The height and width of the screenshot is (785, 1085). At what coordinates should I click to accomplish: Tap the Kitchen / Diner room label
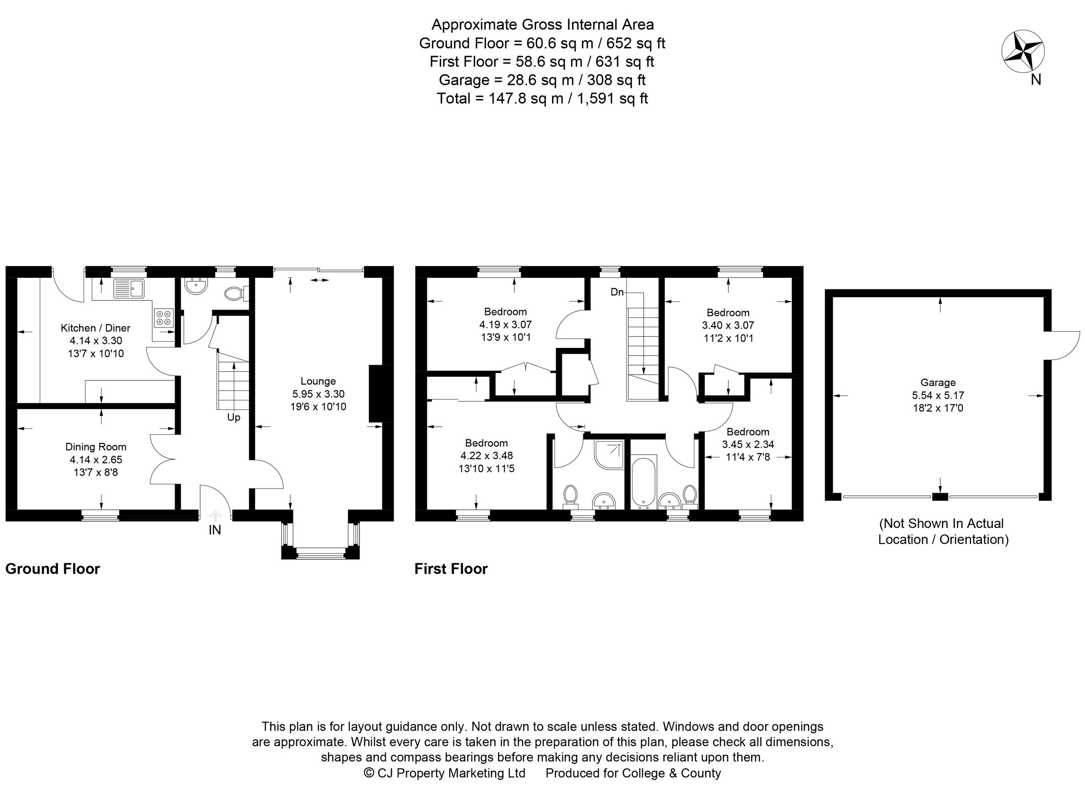click(95, 328)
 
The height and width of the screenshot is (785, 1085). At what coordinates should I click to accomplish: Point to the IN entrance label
click(215, 530)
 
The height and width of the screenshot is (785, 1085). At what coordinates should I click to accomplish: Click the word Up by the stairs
click(233, 418)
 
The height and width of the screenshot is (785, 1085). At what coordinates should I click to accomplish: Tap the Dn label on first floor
click(617, 292)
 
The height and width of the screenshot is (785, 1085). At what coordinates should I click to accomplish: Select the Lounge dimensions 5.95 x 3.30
click(318, 394)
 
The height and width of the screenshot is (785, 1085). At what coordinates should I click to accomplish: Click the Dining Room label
click(96, 447)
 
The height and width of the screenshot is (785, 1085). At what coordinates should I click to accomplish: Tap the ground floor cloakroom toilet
click(235, 293)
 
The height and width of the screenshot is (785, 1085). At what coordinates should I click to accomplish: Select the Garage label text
click(938, 382)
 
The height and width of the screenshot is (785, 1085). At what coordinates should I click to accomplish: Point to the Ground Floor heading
click(52, 569)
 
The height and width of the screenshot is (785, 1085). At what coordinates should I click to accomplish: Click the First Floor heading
click(451, 569)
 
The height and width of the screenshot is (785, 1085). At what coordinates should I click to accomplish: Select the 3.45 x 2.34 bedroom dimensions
click(748, 444)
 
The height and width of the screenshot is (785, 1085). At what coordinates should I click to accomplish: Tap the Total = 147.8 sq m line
click(542, 99)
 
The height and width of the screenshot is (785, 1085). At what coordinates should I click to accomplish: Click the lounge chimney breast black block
click(381, 394)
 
